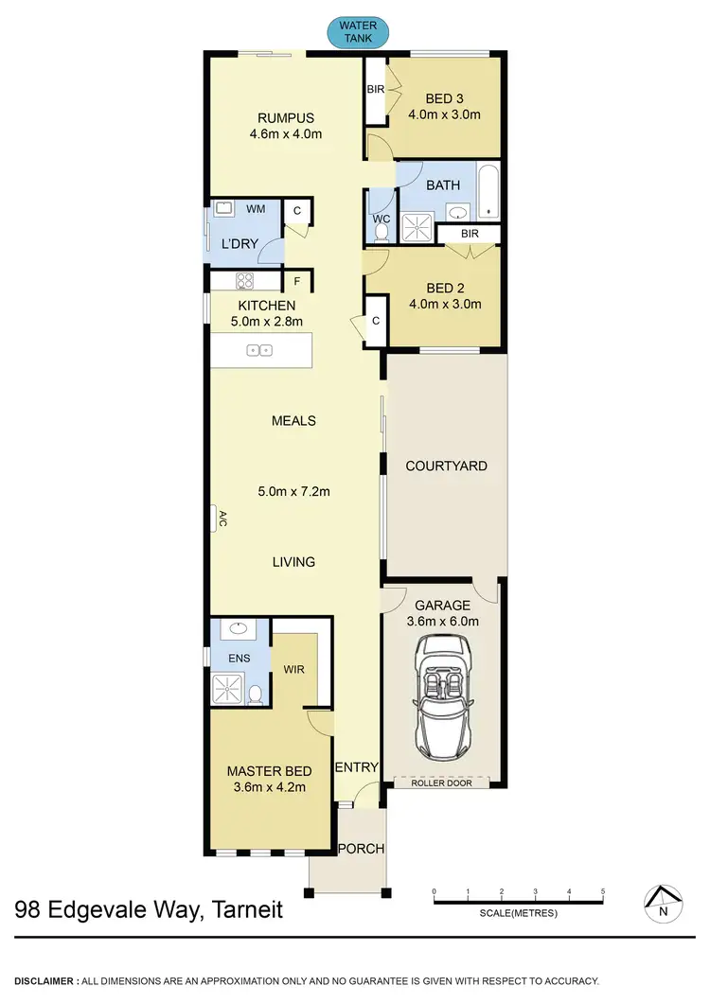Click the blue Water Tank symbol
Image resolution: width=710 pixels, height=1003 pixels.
click(357, 31)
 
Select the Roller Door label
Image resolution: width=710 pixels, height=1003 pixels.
click(441, 783)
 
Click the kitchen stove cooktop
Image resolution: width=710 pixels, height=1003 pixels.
click(245, 281)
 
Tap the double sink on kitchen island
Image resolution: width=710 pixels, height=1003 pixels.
click(259, 350)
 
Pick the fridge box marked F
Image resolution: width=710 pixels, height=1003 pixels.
click(296, 281)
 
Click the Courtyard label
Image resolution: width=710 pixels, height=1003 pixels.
click(446, 466)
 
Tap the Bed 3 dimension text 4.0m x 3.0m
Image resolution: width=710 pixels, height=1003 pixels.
click(445, 115)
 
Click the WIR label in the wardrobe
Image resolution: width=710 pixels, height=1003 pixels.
click(293, 669)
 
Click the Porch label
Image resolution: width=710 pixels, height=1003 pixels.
click(362, 849)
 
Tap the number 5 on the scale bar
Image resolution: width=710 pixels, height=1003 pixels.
click(603, 891)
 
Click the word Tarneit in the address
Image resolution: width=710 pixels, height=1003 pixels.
click(241, 912)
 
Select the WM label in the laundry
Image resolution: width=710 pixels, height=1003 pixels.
click(256, 207)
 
